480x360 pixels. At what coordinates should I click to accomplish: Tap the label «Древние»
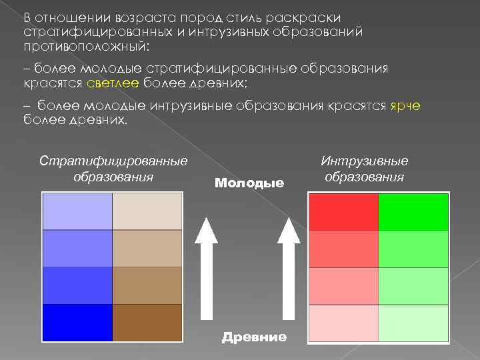[x=254, y=337]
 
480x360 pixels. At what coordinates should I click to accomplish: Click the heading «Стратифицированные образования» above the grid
[x=113, y=169]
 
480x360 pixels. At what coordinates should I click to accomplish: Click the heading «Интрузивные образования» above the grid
[x=364, y=169]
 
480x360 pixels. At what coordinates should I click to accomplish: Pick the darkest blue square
[x=77, y=323]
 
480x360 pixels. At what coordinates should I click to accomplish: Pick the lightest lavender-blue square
[x=77, y=211]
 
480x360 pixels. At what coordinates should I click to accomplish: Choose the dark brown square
[x=147, y=323]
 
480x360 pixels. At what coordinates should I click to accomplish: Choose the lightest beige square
[x=147, y=211]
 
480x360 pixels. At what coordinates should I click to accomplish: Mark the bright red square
[x=343, y=212]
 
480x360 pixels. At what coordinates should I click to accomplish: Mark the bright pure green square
[x=413, y=212]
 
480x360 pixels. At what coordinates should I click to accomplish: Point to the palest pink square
[x=343, y=323]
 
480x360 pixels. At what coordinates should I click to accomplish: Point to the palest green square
[x=413, y=323]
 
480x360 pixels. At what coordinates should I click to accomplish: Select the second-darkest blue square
[x=77, y=285]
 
